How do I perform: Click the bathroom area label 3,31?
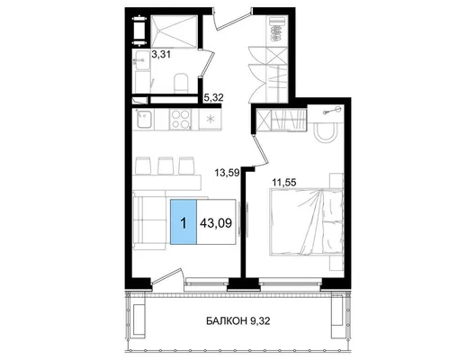(161, 55)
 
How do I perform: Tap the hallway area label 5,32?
(214, 97)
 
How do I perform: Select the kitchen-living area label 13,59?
(228, 173)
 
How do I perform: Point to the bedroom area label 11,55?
(283, 183)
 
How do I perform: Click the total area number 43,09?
(216, 223)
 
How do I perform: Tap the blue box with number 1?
(184, 222)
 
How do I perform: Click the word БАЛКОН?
(227, 320)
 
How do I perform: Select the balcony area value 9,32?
(260, 320)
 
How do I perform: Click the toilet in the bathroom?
(181, 83)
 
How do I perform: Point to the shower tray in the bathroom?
(174, 31)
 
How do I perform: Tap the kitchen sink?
(143, 119)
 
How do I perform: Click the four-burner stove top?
(181, 120)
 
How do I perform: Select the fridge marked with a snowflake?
(210, 120)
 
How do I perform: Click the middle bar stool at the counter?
(166, 166)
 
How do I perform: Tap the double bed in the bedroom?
(307, 221)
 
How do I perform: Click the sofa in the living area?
(149, 222)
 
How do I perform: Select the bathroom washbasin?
(141, 60)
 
